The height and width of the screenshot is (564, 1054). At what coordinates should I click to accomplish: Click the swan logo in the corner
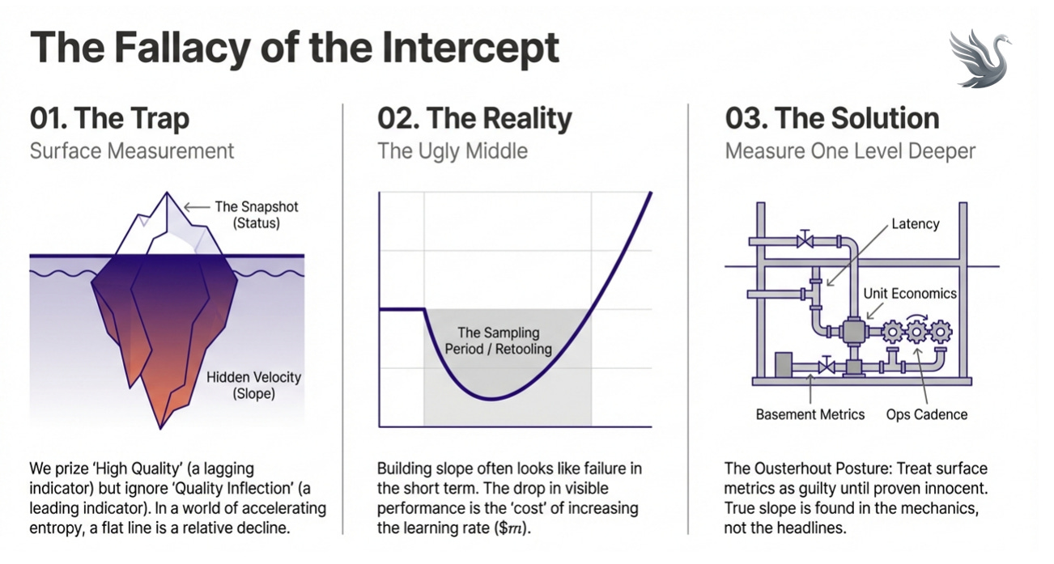coord(982,58)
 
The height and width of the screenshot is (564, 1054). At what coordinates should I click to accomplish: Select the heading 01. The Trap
coord(110,119)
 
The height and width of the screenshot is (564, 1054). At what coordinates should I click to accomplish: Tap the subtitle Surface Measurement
coord(132,151)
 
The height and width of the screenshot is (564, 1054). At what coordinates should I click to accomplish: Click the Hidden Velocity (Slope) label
coord(253,385)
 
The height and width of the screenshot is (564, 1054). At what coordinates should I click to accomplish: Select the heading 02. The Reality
coord(474,119)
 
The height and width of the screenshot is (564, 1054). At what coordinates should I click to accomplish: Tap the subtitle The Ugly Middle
coord(453,151)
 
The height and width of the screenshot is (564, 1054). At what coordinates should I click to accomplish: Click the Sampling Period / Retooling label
coord(498,341)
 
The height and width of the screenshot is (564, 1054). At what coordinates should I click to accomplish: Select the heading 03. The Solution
coord(832,119)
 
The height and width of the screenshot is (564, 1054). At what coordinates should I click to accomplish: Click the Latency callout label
coord(915,224)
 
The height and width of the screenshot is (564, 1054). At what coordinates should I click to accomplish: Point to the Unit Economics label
coord(910,294)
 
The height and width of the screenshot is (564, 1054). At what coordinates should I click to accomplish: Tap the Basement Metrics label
coord(810,414)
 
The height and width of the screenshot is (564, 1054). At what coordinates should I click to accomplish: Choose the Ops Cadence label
coord(926,414)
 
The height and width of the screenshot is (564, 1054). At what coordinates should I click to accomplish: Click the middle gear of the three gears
coord(917,332)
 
